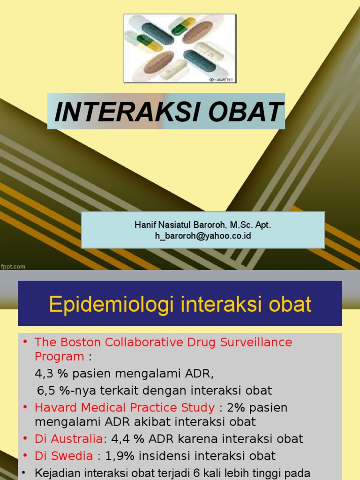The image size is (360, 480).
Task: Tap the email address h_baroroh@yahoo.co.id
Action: click(x=202, y=236)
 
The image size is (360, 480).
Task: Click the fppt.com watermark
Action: click(x=13, y=267)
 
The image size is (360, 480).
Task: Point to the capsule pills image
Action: click(x=180, y=48)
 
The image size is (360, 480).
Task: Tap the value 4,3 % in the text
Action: click(x=50, y=374)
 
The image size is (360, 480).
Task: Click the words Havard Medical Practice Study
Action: click(x=125, y=408)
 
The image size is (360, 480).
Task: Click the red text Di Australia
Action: click(x=68, y=439)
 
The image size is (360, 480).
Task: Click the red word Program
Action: click(x=59, y=357)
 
